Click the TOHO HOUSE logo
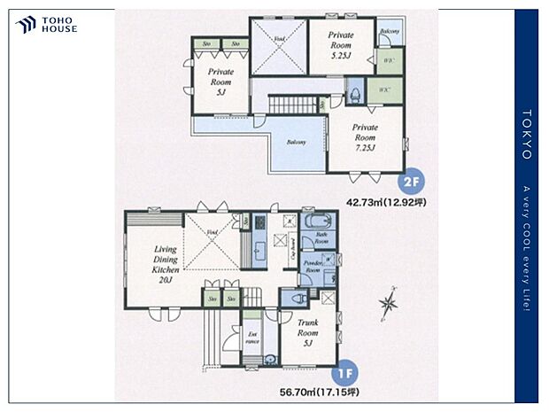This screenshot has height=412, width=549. [46, 25]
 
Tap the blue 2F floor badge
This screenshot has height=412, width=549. [410, 184]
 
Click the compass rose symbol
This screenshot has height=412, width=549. [388, 306]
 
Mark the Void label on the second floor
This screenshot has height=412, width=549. [277, 40]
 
